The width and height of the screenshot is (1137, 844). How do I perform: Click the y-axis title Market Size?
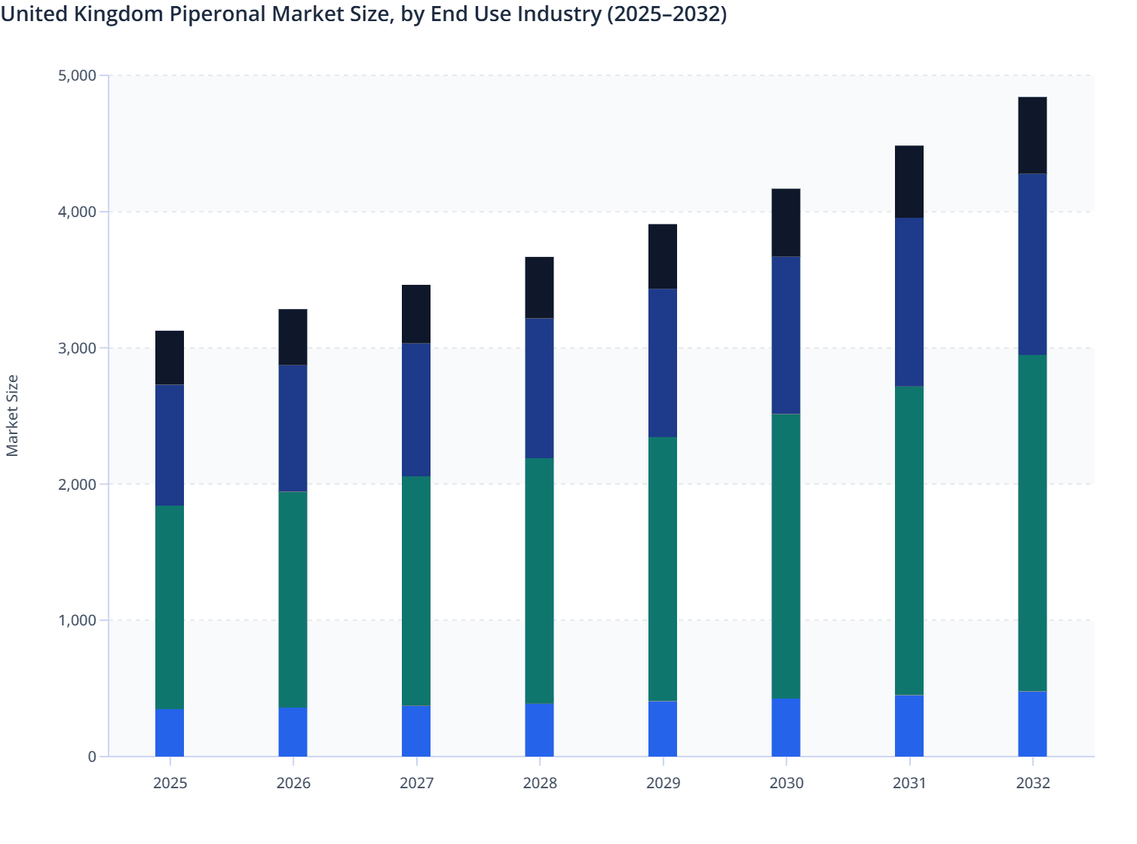pos(12,415)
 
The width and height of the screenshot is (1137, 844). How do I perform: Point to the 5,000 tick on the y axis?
pos(77,75)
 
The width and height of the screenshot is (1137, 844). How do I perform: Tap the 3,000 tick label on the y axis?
pos(77,348)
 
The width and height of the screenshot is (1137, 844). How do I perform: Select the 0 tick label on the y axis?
pos(91,757)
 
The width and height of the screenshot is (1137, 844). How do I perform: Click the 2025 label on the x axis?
pos(170,783)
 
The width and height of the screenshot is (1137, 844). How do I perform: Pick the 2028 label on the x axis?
pos(540,783)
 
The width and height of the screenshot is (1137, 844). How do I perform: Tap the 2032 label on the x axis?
pos(1032,783)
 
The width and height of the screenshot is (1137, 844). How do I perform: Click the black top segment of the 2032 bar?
pos(1032,136)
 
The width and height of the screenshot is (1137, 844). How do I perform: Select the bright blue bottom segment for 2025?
pos(170,733)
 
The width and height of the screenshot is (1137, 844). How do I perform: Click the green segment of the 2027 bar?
pos(416,591)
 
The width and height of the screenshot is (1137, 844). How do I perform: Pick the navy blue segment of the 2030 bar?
pos(786,335)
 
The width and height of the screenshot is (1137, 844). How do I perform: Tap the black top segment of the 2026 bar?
pos(293,337)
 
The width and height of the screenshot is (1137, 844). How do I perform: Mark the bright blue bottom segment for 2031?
pos(909,726)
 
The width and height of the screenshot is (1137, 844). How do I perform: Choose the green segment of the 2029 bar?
pos(663,569)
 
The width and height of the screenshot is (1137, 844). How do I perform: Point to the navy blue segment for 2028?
pos(540,388)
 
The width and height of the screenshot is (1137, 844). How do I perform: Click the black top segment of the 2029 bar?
pos(663,256)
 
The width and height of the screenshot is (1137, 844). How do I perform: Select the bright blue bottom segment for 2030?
pos(786,728)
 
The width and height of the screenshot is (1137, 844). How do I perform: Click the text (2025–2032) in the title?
pos(667,14)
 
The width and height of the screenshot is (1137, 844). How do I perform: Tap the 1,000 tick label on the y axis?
pos(77,620)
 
